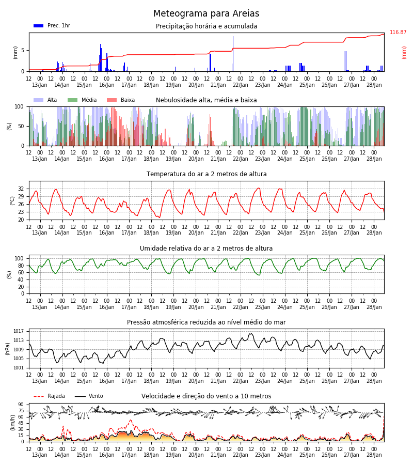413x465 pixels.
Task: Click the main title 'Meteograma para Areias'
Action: click(206, 13)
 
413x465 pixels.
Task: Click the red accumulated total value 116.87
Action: click(398, 32)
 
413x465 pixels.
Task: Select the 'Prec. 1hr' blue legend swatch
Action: click(39, 26)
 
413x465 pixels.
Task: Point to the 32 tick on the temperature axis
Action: click(21, 189)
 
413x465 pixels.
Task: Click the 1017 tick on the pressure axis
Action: click(19, 331)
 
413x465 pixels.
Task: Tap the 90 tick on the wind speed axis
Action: click(21, 405)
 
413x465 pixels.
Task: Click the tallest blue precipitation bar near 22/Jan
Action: click(233, 54)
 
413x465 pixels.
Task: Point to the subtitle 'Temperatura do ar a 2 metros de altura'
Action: click(206, 174)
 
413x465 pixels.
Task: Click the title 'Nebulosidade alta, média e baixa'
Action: click(206, 100)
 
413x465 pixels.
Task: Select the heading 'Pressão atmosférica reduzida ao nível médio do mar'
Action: click(206, 322)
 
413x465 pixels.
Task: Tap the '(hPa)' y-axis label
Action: click(8, 349)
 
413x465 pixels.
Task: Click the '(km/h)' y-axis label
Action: click(12, 423)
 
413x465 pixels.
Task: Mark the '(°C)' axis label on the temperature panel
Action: click(12, 201)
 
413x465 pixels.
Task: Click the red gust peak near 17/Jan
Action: click(131, 420)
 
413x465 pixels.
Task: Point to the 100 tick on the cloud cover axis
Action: click(19, 107)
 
